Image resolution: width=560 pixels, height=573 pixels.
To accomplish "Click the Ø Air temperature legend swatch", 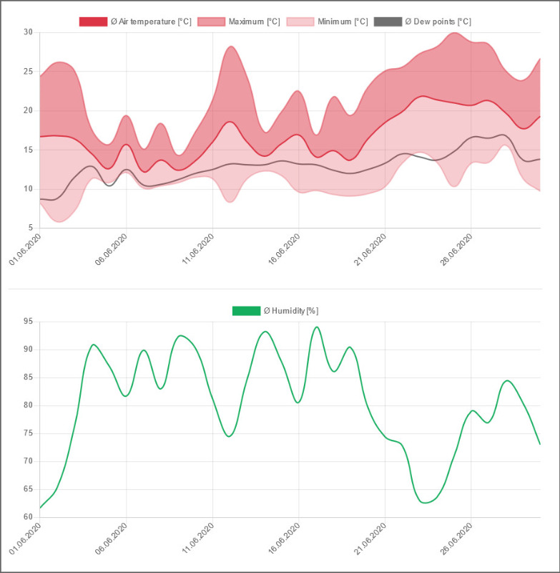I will point(93,21).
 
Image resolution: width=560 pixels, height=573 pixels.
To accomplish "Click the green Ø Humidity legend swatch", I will point(246,311).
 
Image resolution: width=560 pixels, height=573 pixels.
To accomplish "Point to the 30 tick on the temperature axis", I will point(29,32).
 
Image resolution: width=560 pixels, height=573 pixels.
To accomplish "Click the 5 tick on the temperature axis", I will point(31,228).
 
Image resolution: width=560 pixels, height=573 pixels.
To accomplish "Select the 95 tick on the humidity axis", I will point(29,322).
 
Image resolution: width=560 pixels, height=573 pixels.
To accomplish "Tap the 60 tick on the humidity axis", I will point(29,517).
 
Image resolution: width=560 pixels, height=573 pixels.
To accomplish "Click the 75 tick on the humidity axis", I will point(29,433).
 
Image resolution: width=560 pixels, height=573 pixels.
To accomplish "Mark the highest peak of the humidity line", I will point(316,327).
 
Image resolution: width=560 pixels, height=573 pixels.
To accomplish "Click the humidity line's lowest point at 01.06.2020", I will point(40,508).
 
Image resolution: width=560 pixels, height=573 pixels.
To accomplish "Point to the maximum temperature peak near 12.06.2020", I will point(230,47).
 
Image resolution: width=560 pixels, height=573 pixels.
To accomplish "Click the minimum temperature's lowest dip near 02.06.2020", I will point(59,221).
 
